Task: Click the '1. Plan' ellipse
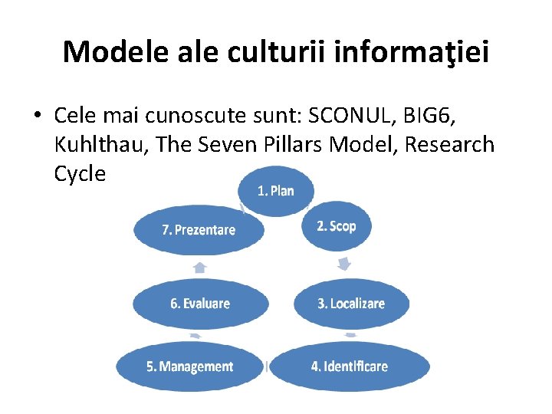[x=276, y=190]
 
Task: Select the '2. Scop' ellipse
[x=337, y=226]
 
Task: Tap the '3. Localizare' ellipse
[x=351, y=304]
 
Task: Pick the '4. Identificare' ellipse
[x=350, y=366]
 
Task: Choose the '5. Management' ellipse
[x=189, y=366]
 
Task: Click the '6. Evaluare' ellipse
[x=199, y=304]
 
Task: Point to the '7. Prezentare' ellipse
[x=199, y=229]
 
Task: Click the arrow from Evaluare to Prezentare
[x=199, y=267]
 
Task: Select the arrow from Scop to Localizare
[x=345, y=264]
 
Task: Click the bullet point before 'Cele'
[x=37, y=116]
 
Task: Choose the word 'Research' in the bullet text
[x=450, y=144]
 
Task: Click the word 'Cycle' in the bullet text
[x=80, y=173]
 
